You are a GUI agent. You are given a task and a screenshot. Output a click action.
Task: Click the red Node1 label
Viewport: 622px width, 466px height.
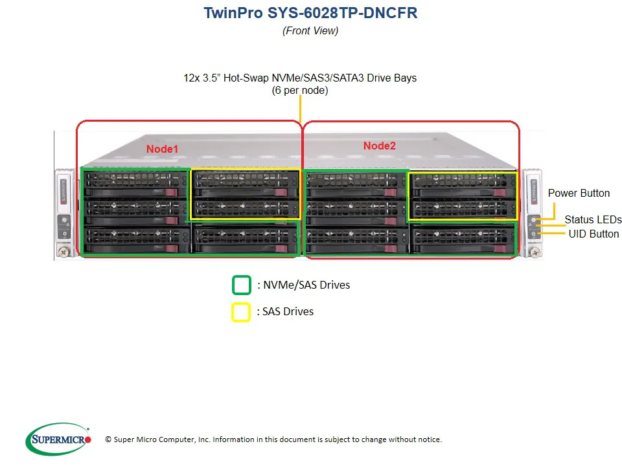tap(162, 149)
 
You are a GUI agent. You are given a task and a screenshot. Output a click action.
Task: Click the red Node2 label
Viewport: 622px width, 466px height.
tap(379, 146)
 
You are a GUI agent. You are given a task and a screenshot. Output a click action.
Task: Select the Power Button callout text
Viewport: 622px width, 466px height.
tap(579, 193)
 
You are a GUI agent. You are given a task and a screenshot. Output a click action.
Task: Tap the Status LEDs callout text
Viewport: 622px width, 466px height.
tap(592, 219)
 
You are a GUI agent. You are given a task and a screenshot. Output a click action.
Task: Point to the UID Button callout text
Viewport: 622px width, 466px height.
tap(593, 234)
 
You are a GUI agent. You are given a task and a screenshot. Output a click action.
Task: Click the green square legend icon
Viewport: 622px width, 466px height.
tap(242, 285)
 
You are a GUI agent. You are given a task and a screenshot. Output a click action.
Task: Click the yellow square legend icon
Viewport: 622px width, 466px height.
tap(240, 311)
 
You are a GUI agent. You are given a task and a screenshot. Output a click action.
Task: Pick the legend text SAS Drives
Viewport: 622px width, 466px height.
tap(288, 311)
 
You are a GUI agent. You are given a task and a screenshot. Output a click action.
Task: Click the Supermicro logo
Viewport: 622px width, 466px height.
tap(58, 439)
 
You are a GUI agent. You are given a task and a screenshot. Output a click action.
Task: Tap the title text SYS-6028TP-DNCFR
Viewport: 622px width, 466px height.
tap(343, 13)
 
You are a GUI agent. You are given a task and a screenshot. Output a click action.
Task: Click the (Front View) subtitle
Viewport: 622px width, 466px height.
tap(310, 30)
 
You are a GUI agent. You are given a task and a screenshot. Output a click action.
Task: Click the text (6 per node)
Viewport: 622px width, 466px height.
tap(300, 91)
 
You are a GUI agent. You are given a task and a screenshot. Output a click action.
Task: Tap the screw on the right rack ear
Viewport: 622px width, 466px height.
tap(535, 251)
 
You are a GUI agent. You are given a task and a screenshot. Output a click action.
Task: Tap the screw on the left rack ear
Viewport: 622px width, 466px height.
tap(63, 251)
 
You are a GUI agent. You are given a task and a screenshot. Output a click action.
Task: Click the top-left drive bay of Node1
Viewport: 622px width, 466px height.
tap(135, 182)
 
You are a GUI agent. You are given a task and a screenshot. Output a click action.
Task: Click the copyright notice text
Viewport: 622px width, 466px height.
tap(273, 439)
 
